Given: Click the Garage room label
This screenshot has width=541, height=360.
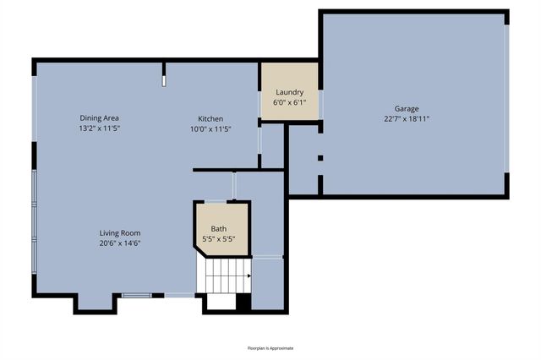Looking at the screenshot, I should pos(406,108).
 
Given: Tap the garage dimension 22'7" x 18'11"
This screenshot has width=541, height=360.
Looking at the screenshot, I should pos(406,119).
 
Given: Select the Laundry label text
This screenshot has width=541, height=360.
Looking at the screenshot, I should pos(288,91).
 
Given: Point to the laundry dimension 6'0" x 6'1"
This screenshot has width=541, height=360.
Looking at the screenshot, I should pos(288,102).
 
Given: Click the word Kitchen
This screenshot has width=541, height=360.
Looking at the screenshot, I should pos(210,118).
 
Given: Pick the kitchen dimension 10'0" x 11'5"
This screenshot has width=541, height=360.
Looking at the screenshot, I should pos(210,129).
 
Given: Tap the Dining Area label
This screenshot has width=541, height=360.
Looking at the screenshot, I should pos(99,118).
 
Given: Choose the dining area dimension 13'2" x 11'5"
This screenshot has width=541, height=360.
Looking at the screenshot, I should pos(99,129).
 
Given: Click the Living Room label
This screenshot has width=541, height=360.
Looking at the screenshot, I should pos(119,232).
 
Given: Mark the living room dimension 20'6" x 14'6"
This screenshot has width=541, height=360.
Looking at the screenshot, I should pos(119,243).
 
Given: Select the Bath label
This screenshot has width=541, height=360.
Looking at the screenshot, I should pos(219,228).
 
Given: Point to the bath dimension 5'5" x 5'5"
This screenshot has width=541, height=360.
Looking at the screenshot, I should pos(219,239).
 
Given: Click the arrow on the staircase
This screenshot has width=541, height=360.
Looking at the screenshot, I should pos(248,275).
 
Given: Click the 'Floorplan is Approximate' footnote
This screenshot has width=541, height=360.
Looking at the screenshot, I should pos(270,347).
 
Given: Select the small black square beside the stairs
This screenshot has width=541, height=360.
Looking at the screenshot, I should pos(243,301).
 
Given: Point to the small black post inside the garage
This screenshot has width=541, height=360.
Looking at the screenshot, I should pos(320,158).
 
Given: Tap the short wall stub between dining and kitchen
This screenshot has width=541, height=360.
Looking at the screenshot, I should pos(164,74).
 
